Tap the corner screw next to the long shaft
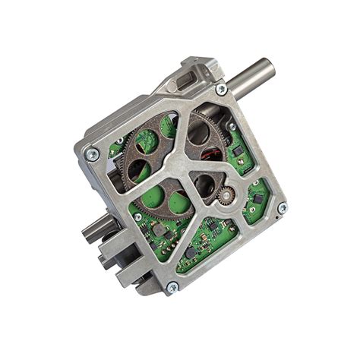(x=221, y=90)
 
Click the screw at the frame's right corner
(x=283, y=207)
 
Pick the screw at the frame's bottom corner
(x=172, y=287)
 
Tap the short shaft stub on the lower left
(x=99, y=226)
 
